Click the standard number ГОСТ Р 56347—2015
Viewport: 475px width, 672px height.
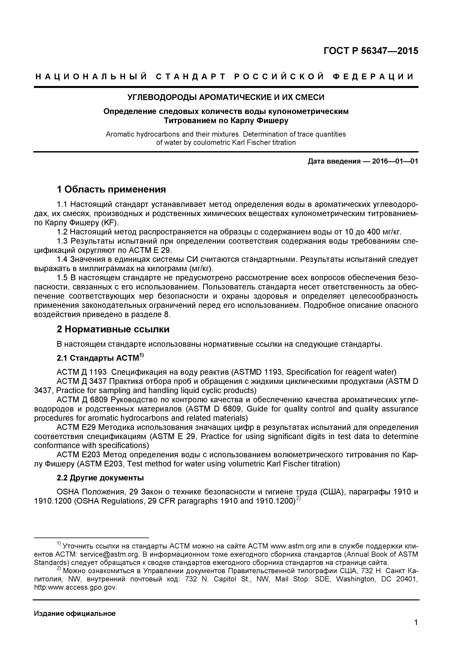click(371, 51)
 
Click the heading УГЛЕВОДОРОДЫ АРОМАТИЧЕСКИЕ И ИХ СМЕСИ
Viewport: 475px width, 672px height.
click(226, 97)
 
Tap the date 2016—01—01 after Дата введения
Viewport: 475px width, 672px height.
click(395, 161)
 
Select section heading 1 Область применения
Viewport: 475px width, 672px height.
click(111, 189)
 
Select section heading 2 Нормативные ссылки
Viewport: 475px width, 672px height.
click(113, 329)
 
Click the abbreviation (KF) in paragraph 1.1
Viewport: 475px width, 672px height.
click(109, 223)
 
